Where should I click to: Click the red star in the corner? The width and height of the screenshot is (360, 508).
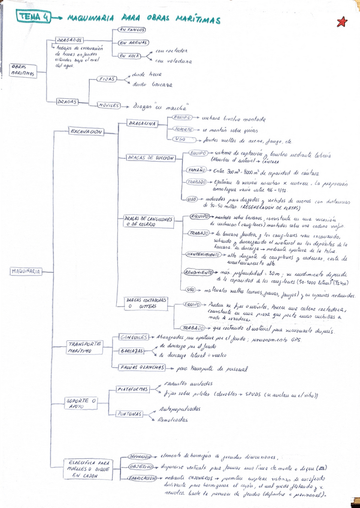[x=342, y=22]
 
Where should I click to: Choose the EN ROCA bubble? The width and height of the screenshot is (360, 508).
[x=129, y=56]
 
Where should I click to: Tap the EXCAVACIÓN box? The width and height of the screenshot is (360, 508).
[x=86, y=131]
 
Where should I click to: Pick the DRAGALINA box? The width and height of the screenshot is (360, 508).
[x=141, y=123]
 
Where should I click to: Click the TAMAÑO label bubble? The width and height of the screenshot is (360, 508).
[x=197, y=170]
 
